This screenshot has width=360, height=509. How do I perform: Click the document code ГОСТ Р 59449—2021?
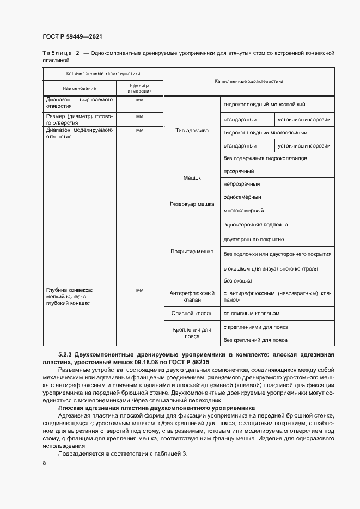tap(72, 37)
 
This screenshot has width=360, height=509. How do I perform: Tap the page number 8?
tap(44, 463)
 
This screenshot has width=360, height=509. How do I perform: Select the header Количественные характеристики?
tap(103, 73)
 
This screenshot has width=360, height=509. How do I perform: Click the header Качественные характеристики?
tap(249, 81)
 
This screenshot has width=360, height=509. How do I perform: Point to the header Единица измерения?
tap(140, 88)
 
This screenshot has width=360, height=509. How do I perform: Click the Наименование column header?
tap(79, 88)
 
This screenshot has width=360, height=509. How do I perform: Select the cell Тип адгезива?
tap(193, 131)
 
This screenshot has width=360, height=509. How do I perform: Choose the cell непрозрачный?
tap(241, 184)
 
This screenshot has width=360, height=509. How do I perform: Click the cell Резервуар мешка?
tap(193, 203)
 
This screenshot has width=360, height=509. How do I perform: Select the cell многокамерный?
tap(243, 210)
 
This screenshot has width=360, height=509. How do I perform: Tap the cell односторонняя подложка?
tap(255, 224)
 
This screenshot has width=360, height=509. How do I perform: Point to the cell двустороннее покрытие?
tap(253, 240)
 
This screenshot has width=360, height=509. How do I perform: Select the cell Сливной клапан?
tap(193, 314)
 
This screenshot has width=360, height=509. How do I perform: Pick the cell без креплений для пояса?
tap(255, 340)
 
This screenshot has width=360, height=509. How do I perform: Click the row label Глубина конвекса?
tap(70, 290)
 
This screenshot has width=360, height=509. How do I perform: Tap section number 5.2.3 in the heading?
tap(65, 354)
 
